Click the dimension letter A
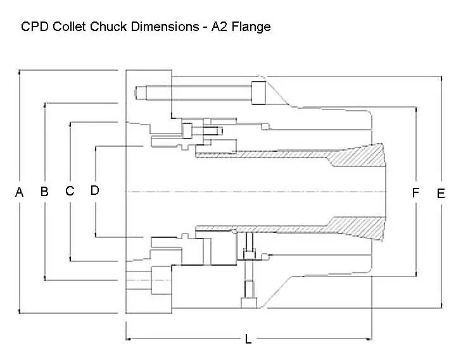pos(19,192)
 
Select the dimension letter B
pos(44,192)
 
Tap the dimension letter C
pos(70,191)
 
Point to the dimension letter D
pos(95,190)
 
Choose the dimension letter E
pos(441,194)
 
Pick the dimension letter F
pos(415,193)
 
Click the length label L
pos(248,340)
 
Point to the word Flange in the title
pos(251,27)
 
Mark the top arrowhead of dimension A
pos(19,73)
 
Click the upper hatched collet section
pos(355,156)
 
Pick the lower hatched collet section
pos(355,227)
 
